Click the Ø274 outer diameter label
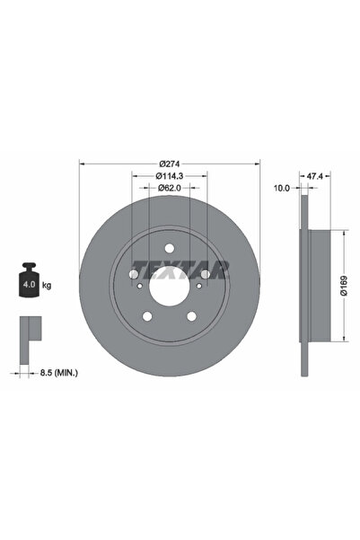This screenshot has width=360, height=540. [170, 164]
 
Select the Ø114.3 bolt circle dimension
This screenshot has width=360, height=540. [170, 175]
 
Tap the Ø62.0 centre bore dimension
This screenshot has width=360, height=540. [170, 188]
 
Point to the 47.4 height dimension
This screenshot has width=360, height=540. [315, 176]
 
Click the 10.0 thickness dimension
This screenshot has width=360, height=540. [282, 188]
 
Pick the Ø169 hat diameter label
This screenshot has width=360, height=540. [344, 286]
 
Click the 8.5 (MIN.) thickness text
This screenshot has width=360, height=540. [59, 372]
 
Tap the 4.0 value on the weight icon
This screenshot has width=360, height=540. [29, 285]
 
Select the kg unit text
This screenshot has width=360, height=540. [47, 285]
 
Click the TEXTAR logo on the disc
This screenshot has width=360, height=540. [180, 270]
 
